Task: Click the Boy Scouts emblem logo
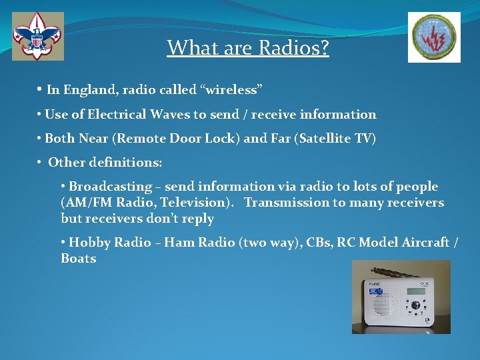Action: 38,36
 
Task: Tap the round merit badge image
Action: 434,37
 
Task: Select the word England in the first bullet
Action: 89,90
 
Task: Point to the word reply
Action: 198,219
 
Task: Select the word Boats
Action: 78,259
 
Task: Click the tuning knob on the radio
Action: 415,305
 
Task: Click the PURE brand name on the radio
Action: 375,284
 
